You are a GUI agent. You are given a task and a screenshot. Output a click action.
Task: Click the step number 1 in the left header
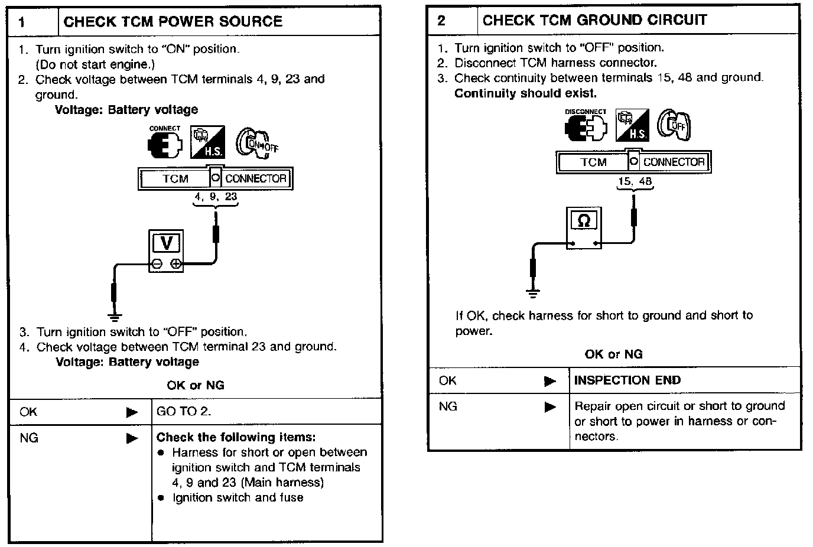tap(22, 22)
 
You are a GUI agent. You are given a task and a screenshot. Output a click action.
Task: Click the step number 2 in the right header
tap(441, 21)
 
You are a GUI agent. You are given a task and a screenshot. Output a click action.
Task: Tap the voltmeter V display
tap(166, 243)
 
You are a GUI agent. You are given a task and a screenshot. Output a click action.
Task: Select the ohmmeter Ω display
tap(584, 220)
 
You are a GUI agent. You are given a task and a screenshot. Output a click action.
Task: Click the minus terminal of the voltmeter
tap(157, 263)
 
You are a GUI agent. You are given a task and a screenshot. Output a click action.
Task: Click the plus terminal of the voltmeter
tap(175, 263)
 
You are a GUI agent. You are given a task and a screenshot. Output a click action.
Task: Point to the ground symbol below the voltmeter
tap(115, 318)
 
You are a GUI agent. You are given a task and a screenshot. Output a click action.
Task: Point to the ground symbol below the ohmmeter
tap(533, 293)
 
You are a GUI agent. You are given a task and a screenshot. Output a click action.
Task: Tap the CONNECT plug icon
tap(165, 145)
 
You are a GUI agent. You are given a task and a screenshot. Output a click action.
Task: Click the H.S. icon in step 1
tap(207, 142)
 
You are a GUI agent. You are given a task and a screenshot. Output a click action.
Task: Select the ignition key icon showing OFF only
tap(674, 125)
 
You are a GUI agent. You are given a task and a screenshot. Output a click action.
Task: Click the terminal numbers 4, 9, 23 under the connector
tap(216, 196)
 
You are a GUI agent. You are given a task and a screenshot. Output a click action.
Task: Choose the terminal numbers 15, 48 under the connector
tap(635, 181)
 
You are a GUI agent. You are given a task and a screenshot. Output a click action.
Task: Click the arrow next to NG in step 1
tap(132, 438)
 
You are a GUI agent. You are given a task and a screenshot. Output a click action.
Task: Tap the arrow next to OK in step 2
tap(550, 381)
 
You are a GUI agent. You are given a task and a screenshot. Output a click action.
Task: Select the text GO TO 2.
tap(184, 411)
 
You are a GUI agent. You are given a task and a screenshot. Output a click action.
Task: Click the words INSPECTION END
tap(627, 380)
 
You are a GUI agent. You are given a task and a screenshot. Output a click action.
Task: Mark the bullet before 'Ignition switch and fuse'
tap(161, 497)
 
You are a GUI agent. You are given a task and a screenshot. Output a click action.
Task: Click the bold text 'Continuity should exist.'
tap(525, 93)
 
